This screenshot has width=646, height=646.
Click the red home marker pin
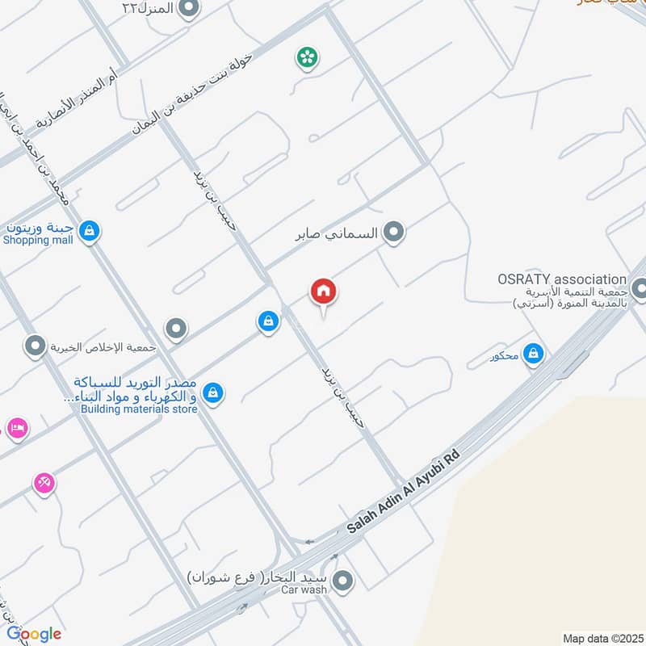pos(324,292)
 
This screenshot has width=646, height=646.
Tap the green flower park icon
pos(307,57)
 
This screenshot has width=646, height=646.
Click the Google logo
pos(33,634)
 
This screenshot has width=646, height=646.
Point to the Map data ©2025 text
pos(602,638)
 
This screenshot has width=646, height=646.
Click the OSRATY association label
pos(562,279)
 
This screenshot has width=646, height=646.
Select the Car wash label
pos(304,590)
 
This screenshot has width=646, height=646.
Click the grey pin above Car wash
pos(344,581)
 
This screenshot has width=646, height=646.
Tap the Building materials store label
pos(139,409)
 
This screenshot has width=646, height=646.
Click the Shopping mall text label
pos(38,240)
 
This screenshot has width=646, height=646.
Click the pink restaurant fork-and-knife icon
pos(44,483)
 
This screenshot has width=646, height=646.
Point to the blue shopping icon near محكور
pos(532,353)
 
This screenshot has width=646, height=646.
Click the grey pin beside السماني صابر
pos(393,233)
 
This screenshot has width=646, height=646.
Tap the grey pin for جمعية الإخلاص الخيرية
pos(35,347)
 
